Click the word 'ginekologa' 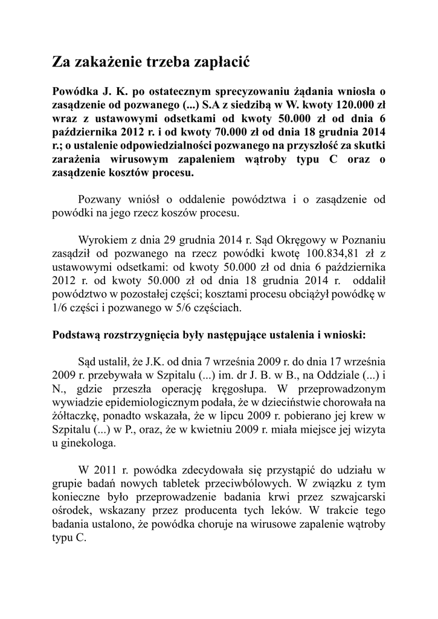[x=88, y=442]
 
